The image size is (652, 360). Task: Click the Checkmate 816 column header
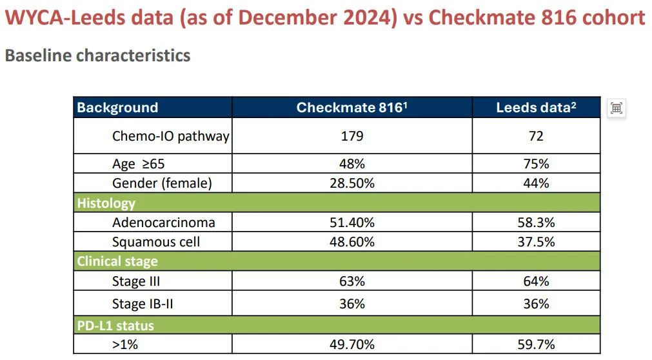(x=351, y=108)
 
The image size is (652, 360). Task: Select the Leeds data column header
(x=535, y=108)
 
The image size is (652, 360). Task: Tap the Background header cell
(x=117, y=108)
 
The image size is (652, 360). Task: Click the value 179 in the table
(x=352, y=136)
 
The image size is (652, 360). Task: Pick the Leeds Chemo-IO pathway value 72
(x=535, y=136)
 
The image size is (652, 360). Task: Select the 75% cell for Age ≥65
(x=535, y=164)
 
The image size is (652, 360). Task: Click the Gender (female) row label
(x=162, y=183)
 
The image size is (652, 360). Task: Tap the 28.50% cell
(x=352, y=183)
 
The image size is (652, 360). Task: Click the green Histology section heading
(x=106, y=203)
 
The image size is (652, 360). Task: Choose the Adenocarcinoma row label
(x=163, y=223)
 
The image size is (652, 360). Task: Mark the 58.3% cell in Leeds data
(x=535, y=223)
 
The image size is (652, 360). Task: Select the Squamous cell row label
(x=156, y=242)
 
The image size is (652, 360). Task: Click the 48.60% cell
(x=352, y=242)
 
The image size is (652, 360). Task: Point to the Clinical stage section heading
(x=117, y=261)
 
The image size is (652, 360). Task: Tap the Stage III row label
(x=136, y=281)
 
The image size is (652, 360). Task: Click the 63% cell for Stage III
(x=352, y=281)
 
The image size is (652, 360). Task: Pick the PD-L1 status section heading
(x=115, y=325)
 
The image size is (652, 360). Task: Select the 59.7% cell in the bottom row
(x=535, y=345)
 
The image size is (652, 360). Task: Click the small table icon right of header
(x=617, y=108)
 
